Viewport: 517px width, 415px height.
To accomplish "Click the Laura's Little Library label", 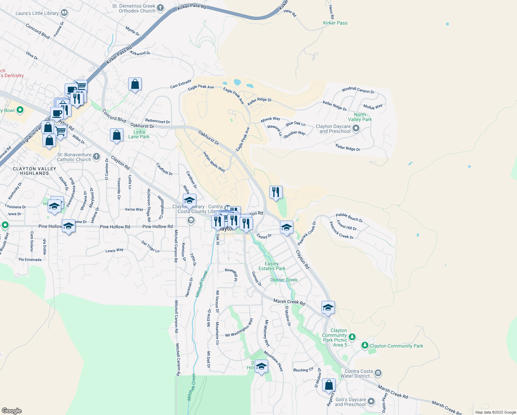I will (37, 13).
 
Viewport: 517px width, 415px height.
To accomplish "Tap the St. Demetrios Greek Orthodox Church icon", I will (160, 8).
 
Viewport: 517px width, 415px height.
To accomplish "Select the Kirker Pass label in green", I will (335, 23).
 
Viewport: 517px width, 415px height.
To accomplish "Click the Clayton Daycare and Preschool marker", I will (356, 129).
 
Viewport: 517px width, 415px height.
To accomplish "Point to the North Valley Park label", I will (360, 117).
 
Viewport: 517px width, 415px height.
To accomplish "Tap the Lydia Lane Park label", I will (139, 134).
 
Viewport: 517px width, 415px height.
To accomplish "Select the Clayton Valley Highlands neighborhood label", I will (35, 171).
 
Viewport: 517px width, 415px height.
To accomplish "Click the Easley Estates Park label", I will (272, 266).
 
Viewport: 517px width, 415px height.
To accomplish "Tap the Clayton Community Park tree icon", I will (365, 345).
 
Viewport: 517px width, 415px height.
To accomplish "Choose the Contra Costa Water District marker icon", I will (378, 373).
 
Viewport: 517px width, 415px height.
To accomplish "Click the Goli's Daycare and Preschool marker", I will (371, 401).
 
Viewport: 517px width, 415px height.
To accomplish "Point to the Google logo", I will (11, 411).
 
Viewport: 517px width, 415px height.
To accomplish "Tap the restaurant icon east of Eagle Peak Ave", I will (276, 192).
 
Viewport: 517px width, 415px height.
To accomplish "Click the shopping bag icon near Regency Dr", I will (329, 385).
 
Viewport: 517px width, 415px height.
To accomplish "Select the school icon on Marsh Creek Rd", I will (328, 307).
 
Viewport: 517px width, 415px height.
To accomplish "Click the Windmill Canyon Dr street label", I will (358, 90).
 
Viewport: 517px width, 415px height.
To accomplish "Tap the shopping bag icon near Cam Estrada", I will (135, 84).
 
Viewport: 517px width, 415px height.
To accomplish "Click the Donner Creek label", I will (284, 280).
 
